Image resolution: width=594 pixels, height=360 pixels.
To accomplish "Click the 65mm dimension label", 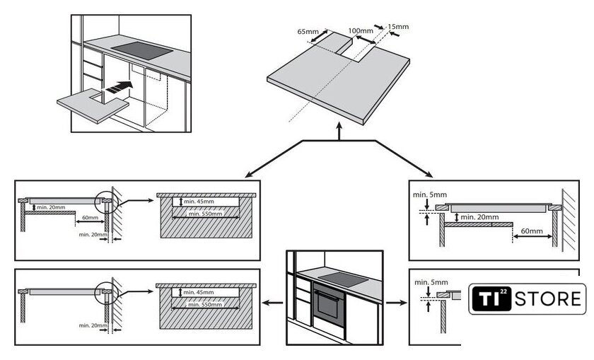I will (x=308, y=32).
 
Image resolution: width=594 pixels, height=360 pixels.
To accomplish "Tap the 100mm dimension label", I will (x=361, y=31).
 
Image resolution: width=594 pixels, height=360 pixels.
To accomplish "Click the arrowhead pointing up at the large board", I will (x=339, y=130).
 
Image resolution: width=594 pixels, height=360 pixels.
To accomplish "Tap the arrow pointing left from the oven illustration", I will (x=268, y=303).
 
